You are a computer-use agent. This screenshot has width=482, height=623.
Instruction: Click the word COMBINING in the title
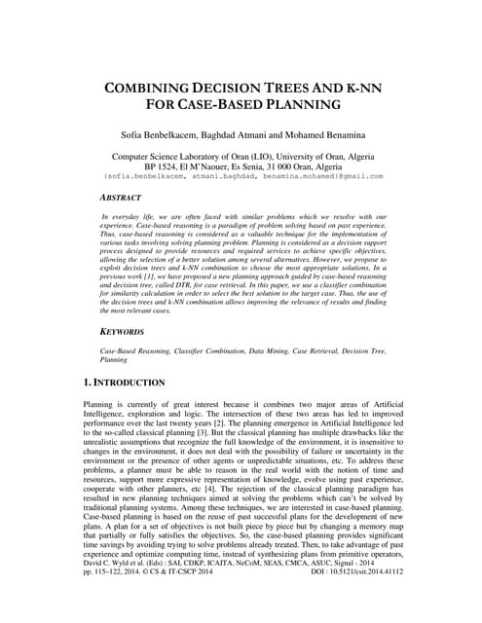point(148,87)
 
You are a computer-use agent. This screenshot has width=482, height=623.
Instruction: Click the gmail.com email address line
point(240,176)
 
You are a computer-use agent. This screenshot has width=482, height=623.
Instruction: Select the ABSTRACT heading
point(129,196)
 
